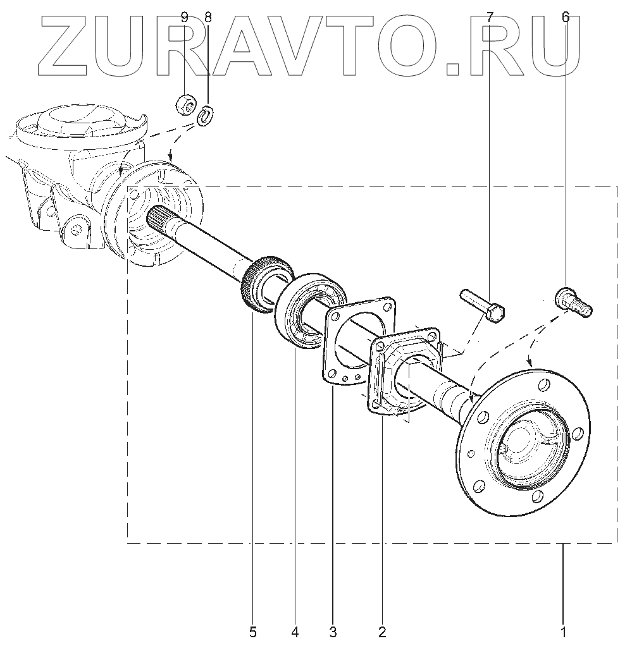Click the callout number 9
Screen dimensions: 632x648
coord(184,18)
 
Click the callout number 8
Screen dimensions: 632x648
coord(208,18)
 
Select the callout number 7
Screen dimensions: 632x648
coord(489,18)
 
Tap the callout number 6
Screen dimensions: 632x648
coord(565,18)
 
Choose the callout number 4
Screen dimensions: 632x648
coord(295,630)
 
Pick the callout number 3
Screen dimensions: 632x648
coord(333,630)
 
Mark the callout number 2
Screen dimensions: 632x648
coord(381,630)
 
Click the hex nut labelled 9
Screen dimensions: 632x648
coord(185,103)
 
